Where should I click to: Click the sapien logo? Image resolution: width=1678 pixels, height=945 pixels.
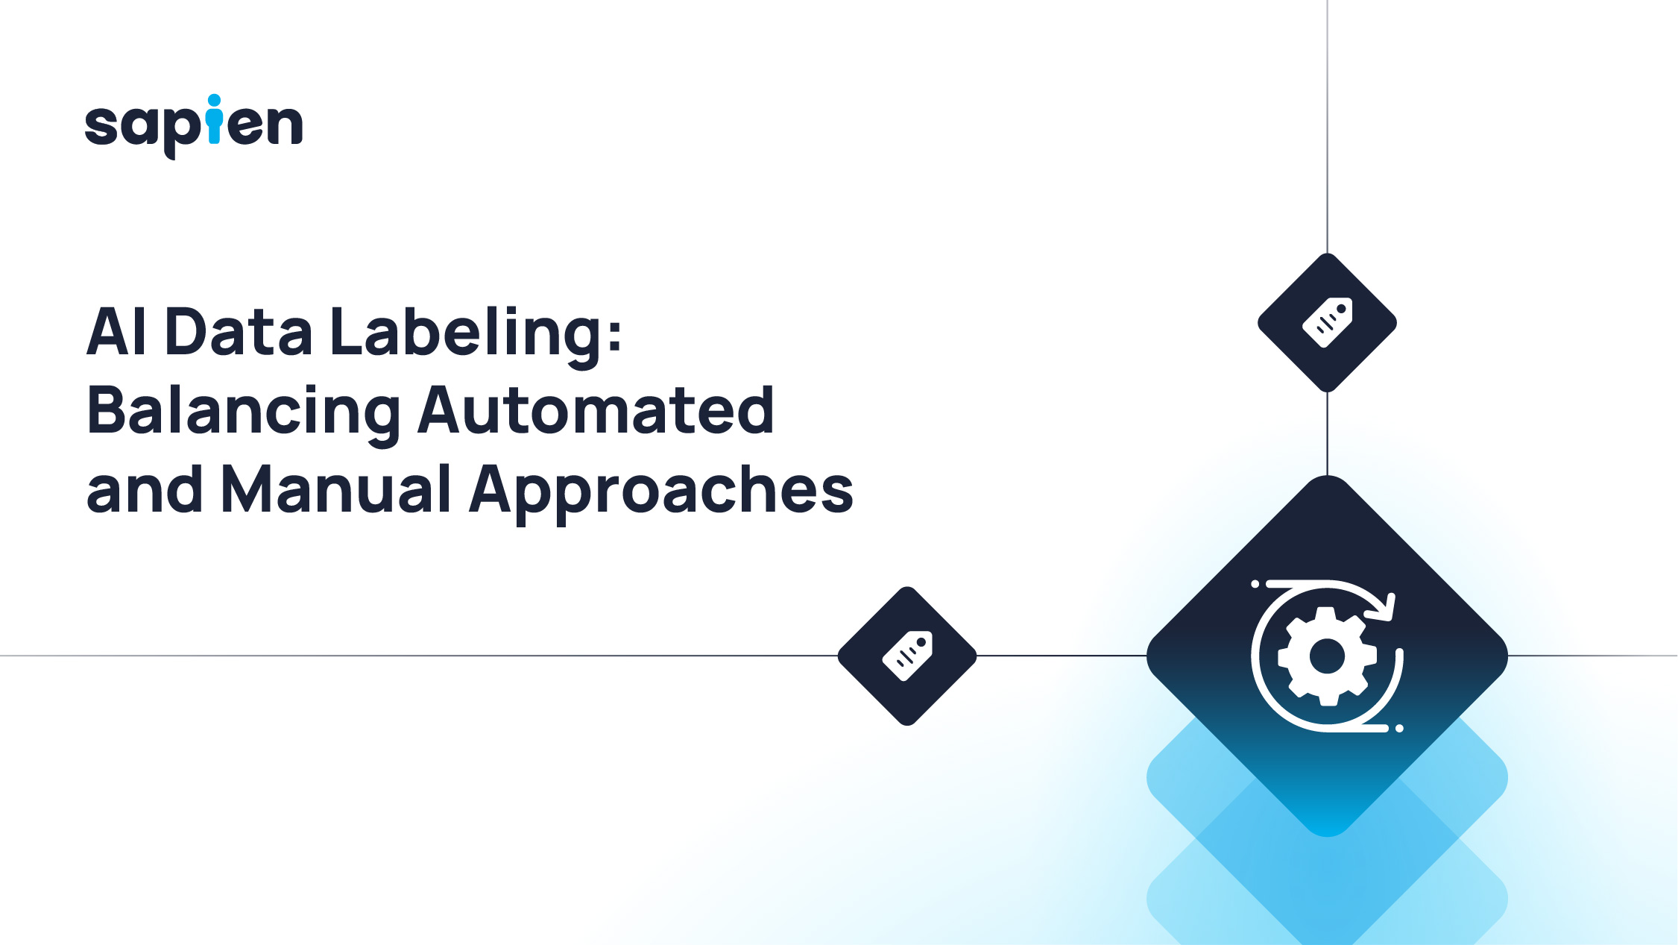click(x=193, y=125)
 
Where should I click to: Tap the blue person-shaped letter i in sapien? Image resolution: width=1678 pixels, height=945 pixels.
click(x=215, y=119)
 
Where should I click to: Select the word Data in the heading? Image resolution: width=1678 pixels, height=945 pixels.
click(x=239, y=332)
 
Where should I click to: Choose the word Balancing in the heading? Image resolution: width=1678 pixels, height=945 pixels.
click(x=244, y=412)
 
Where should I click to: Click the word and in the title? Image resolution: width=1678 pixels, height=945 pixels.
click(x=145, y=490)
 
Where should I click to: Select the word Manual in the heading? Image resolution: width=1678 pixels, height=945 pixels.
click(x=336, y=490)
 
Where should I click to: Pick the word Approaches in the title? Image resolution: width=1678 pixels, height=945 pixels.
click(x=661, y=492)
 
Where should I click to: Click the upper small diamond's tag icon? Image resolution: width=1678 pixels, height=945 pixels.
click(x=1328, y=322)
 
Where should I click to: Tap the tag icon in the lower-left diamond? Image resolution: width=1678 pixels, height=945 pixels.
click(x=907, y=656)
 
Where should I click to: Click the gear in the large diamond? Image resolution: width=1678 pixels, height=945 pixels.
click(x=1327, y=656)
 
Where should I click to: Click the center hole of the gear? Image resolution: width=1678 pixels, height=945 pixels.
click(x=1327, y=656)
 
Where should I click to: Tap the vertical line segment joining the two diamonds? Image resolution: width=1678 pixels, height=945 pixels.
click(x=1328, y=433)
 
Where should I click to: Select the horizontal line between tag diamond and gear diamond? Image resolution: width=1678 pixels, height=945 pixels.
click(x=1062, y=656)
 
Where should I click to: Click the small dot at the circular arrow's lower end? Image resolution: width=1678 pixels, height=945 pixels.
click(x=1399, y=728)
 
